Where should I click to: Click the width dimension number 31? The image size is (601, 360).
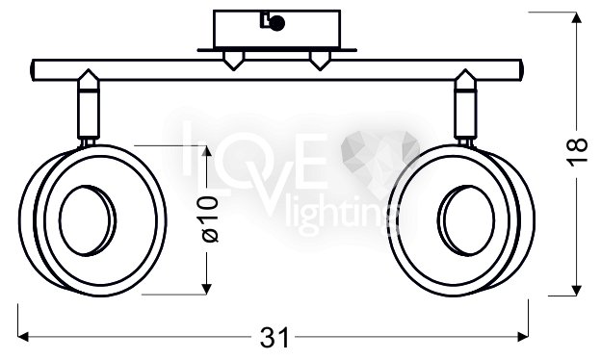pos(274,338)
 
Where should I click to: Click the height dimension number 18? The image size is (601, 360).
pos(577,152)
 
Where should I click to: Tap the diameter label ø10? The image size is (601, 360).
pos(209,219)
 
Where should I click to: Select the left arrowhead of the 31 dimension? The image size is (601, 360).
pos(23,337)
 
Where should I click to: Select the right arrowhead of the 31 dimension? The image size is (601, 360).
pos(523,337)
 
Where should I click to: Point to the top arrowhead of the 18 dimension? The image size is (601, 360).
pos(577,17)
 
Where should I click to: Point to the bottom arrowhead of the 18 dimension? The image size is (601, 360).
pos(577,291)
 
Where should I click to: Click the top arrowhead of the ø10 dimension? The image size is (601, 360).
pos(206,151)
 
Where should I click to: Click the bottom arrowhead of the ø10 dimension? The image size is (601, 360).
pos(206,289)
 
